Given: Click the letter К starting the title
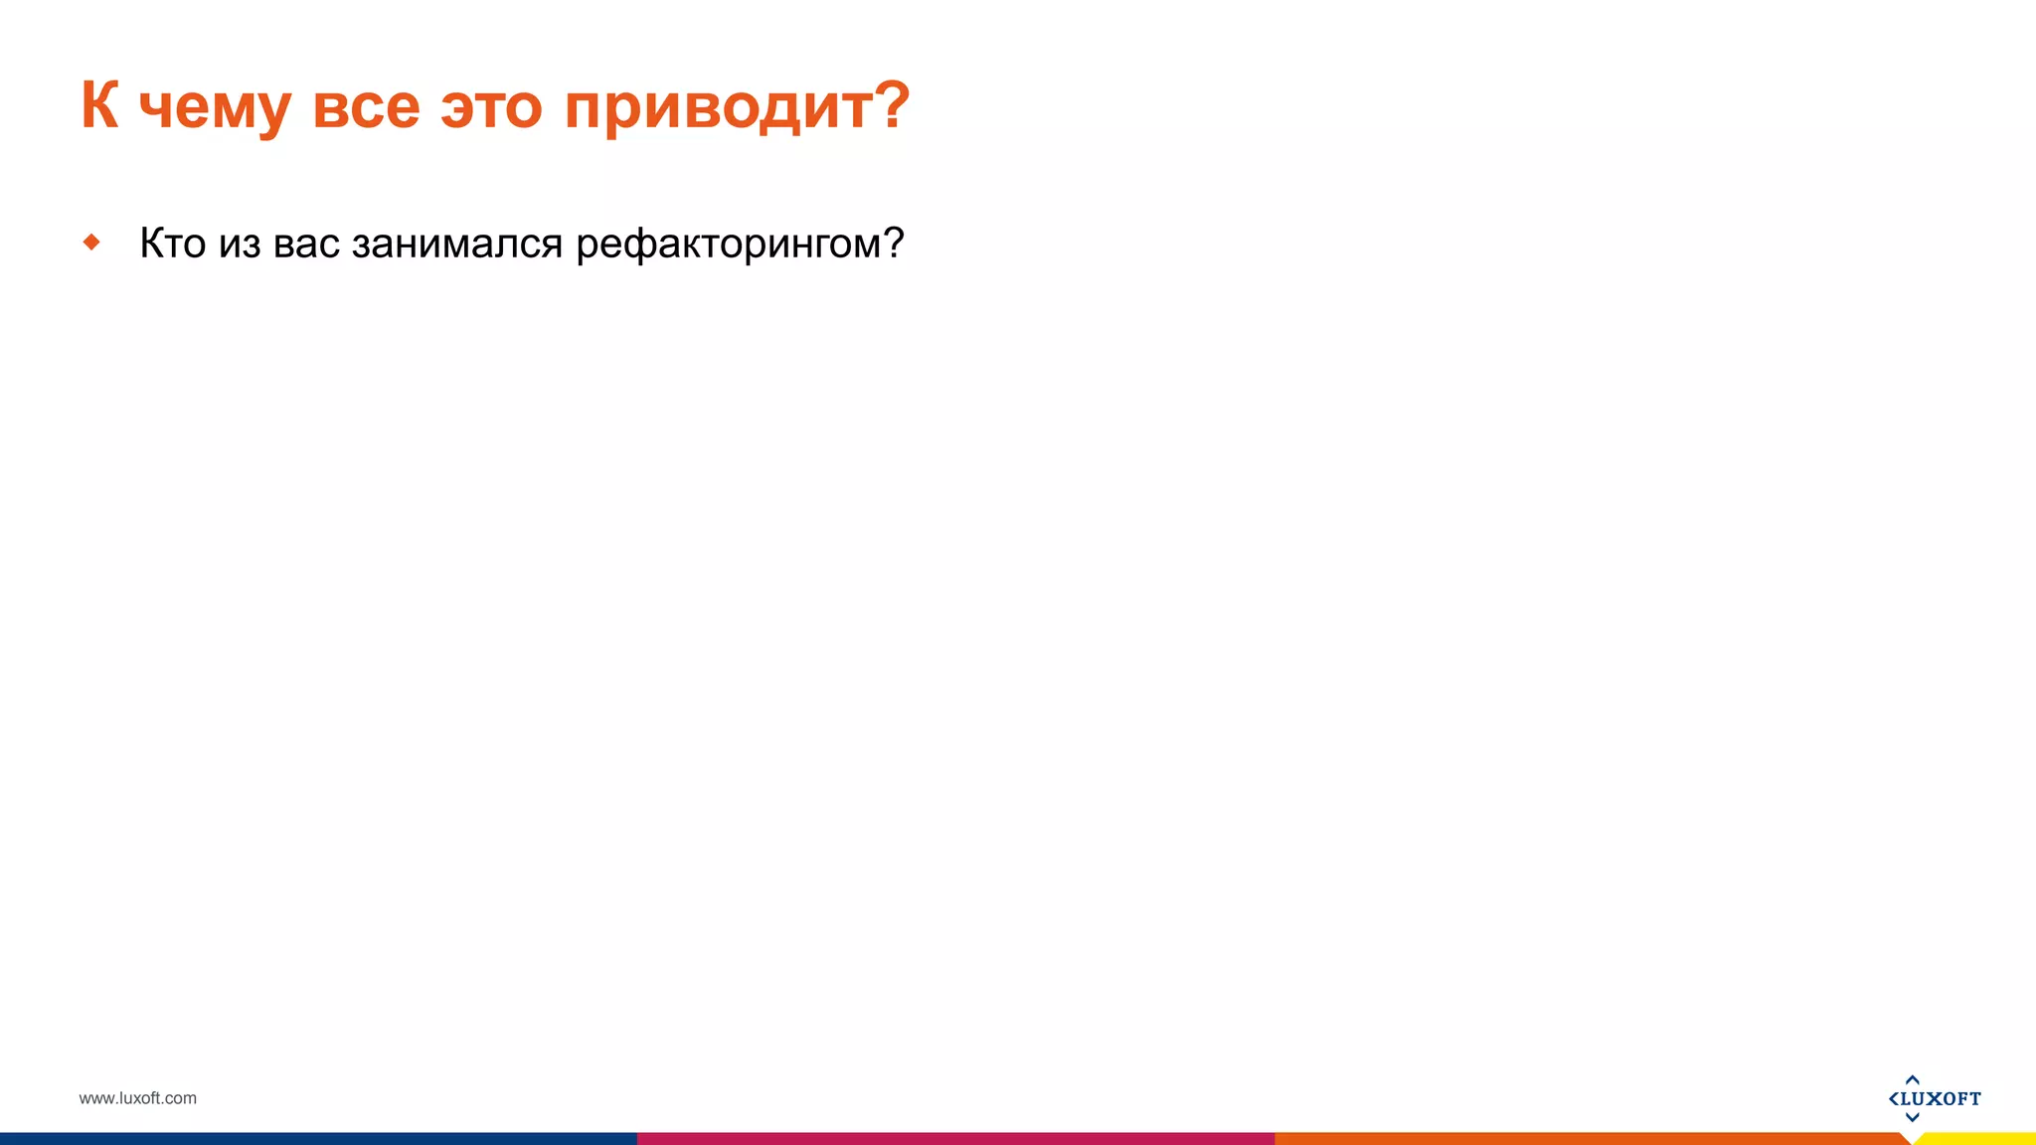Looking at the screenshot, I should pos(99,104).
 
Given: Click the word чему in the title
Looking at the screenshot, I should pos(214,107).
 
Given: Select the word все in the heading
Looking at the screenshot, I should pos(366,107).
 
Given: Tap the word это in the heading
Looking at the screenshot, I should pos(491,107).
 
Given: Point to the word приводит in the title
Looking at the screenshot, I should pos(716,107).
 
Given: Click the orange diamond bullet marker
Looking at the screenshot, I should pos(91,242).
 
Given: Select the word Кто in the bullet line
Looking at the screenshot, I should pos(172,244).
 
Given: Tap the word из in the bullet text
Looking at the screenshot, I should pos(240,245).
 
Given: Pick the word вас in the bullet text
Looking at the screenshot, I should pos(306,245).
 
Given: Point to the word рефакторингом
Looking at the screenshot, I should pos(728,245).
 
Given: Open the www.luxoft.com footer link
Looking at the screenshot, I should pos(137,1098).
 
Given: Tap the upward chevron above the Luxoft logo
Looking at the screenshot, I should pos(1912,1079).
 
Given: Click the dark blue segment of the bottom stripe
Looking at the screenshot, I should pos(318,1138).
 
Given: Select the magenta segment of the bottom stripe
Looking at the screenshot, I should pos(954,1138).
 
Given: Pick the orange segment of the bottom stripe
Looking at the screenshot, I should pos(1591,1138).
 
